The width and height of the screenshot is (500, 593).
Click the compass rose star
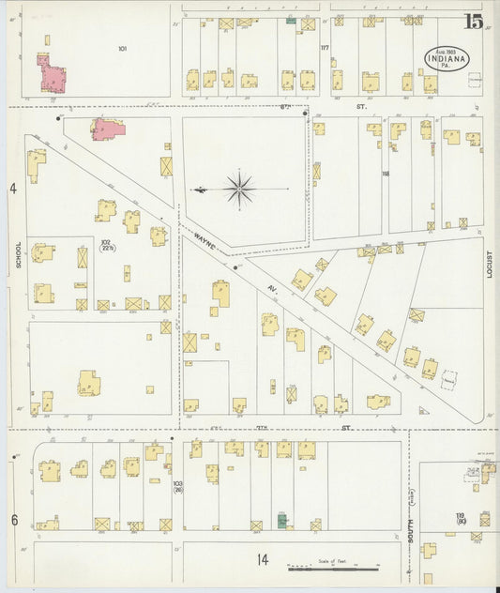point(240,190)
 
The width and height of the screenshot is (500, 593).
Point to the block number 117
point(325,48)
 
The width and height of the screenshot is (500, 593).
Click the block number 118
point(385,174)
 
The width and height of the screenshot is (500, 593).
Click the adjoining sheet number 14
point(264,560)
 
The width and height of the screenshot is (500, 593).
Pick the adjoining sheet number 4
point(14,190)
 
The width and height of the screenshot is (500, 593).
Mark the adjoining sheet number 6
point(14,519)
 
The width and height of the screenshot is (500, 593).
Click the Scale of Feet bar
point(332,567)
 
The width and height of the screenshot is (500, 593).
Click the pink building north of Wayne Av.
point(108,129)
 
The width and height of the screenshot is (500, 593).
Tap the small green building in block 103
point(282,520)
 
